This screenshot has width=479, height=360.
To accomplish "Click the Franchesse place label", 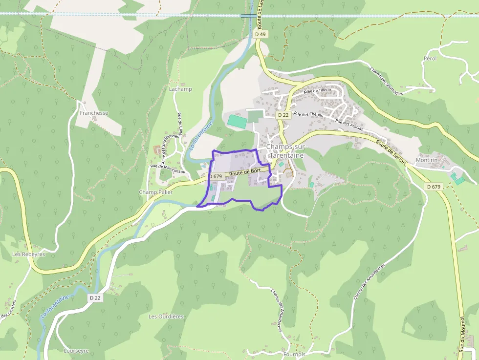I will click(94, 113).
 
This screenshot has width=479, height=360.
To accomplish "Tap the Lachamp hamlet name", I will click(180, 89).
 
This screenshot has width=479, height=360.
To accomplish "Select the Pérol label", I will click(430, 58).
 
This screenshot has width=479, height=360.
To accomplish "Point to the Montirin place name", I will click(425, 160).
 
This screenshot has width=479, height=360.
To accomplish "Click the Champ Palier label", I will click(156, 192).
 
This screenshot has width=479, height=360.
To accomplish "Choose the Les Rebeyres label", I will click(29, 254).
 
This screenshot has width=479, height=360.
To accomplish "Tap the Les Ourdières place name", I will click(166, 317).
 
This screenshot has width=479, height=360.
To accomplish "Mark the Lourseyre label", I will click(76, 351).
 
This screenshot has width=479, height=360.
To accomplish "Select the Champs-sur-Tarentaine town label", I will click(285, 151).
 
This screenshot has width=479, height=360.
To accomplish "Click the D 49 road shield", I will click(261, 35).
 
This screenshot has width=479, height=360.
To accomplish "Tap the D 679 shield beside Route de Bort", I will click(216, 176).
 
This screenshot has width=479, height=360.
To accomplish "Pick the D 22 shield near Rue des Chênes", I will click(283, 115).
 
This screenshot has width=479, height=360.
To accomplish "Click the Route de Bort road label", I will click(244, 172).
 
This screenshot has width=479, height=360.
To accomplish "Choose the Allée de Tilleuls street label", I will click(318, 90).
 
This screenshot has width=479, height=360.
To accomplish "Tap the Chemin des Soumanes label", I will click(386, 81).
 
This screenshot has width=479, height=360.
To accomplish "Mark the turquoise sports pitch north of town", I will click(238, 122).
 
